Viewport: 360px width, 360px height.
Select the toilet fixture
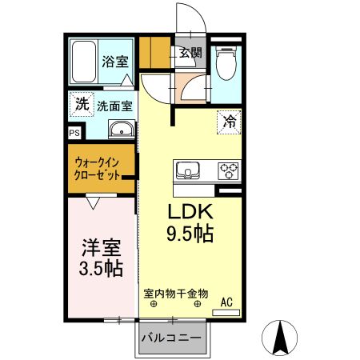point(225,62)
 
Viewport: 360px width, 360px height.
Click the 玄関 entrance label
point(190,54)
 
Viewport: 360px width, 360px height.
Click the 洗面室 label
point(114,104)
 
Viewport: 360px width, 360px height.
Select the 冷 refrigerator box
point(229,122)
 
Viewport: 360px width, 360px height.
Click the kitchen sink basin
point(190,170)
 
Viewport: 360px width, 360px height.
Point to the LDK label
point(189,214)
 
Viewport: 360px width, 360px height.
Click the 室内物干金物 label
point(176,294)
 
